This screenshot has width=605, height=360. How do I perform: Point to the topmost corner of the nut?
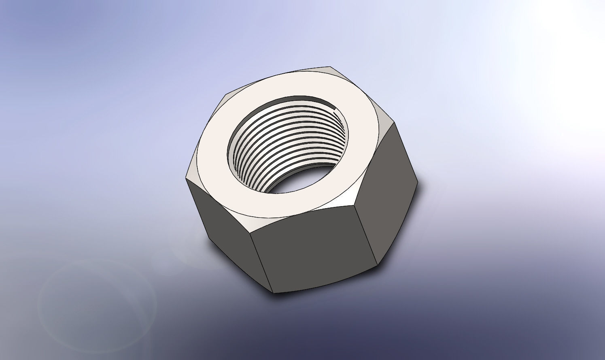click(330, 66)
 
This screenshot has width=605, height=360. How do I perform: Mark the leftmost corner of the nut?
click(186, 177)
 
